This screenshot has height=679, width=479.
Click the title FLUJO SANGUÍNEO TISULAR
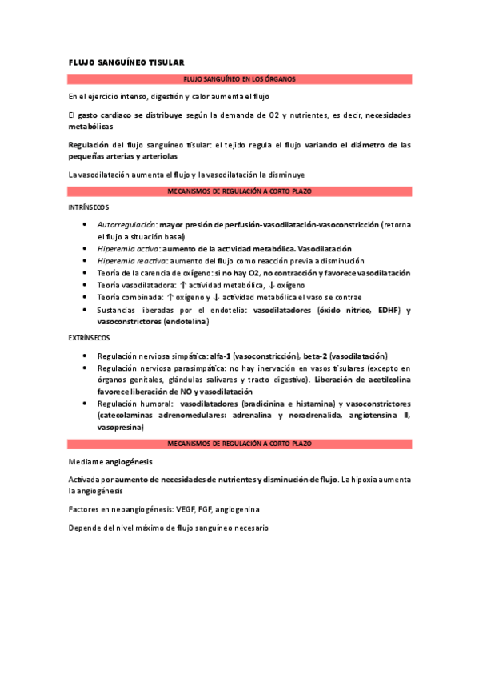click(126, 62)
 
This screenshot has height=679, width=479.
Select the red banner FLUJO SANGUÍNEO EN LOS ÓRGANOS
click(240, 79)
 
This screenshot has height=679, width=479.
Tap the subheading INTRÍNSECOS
click(88, 207)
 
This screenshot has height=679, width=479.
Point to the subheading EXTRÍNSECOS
click(89, 338)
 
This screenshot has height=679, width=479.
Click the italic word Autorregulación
click(126, 225)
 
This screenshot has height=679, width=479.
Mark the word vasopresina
click(120, 428)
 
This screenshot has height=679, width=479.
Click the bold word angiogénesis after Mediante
click(127, 462)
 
